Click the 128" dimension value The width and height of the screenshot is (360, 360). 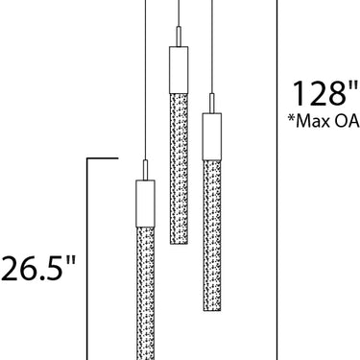click(325, 93)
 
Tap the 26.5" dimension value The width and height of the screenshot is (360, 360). click(38, 268)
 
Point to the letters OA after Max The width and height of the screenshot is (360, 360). click(347, 121)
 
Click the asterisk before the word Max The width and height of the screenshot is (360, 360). click(291, 118)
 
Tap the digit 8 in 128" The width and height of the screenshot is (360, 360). click(336, 93)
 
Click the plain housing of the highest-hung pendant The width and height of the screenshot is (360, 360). click(179, 70)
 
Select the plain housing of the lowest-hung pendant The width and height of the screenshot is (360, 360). click(145, 204)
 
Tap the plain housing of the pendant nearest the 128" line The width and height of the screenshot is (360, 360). click(212, 136)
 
